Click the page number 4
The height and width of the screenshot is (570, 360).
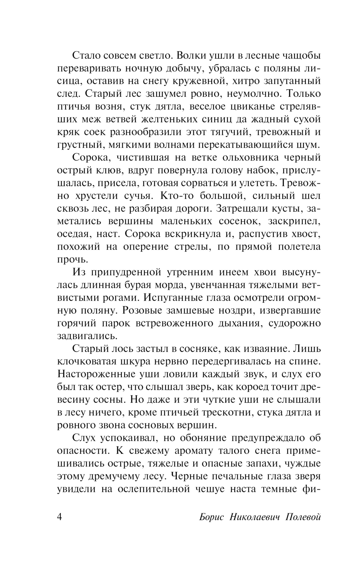coord(60,517)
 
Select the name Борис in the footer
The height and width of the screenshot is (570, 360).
coord(211,517)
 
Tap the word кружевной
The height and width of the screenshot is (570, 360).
coord(205,81)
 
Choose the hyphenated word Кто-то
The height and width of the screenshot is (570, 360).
coord(177,196)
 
